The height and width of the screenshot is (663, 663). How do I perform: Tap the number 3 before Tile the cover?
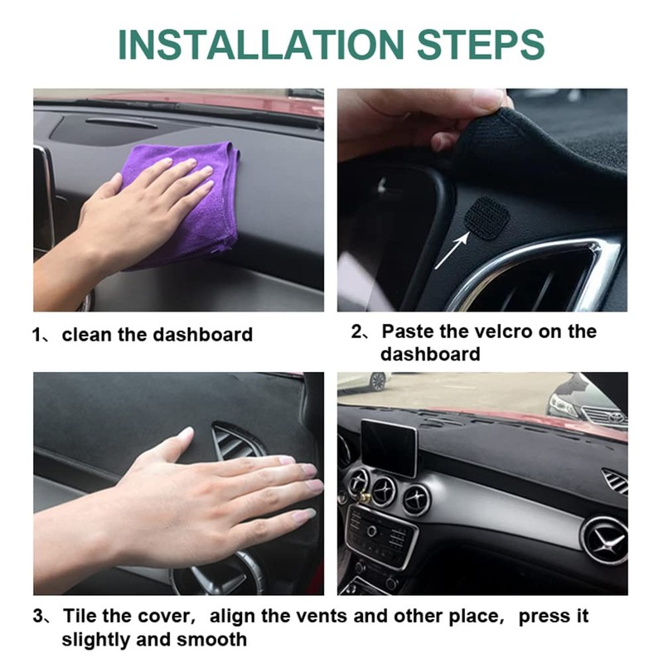pyautogui.click(x=38, y=617)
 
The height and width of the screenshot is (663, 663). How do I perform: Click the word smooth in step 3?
pyautogui.click(x=215, y=639)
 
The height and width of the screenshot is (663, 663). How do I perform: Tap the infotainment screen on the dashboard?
pyautogui.click(x=389, y=448)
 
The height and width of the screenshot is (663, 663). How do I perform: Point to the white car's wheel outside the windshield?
pyautogui.click(x=378, y=381)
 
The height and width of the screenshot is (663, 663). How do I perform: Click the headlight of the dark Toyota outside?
pyautogui.click(x=564, y=405)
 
